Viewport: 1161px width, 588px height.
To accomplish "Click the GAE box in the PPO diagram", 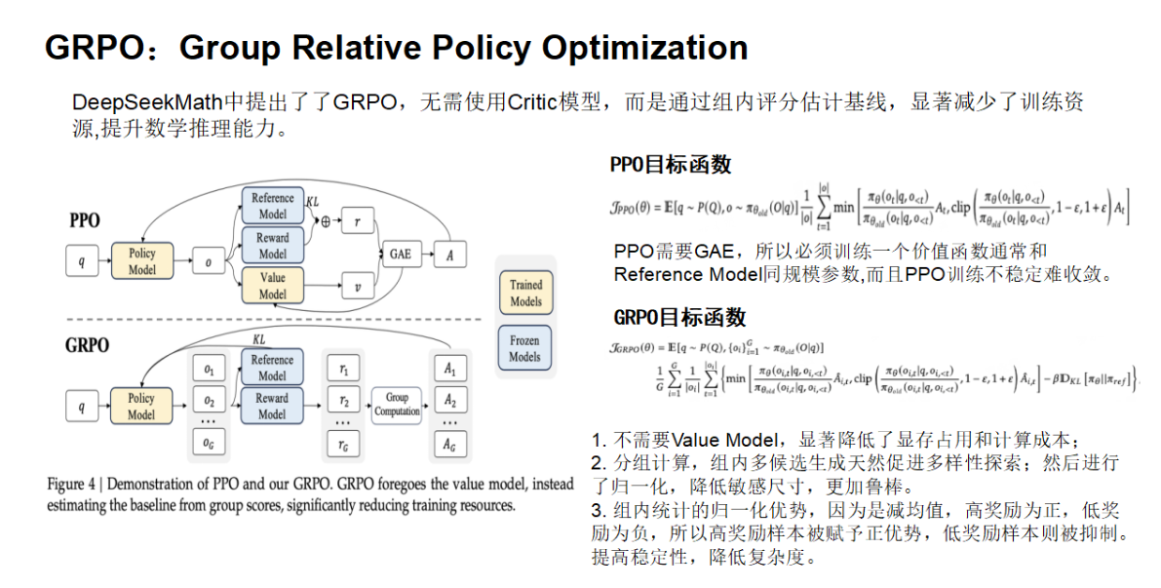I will [401, 255].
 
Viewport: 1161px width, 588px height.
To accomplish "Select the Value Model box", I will [272, 286].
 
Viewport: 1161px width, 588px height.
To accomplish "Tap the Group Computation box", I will [397, 404].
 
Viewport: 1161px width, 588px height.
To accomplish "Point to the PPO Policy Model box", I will [141, 260].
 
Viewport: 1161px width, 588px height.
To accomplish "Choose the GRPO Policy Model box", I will [141, 406].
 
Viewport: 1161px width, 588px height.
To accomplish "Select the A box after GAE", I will [450, 255].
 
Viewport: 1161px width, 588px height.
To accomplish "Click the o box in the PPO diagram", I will [208, 261].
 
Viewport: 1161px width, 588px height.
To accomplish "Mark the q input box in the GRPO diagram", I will [81, 404].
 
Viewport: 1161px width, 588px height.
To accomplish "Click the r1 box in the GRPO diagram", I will [342, 369].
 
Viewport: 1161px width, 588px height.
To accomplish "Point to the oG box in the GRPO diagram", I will [207, 444].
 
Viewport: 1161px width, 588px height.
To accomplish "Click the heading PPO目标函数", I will [671, 165].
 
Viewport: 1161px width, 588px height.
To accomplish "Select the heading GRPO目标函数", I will [679, 317].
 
